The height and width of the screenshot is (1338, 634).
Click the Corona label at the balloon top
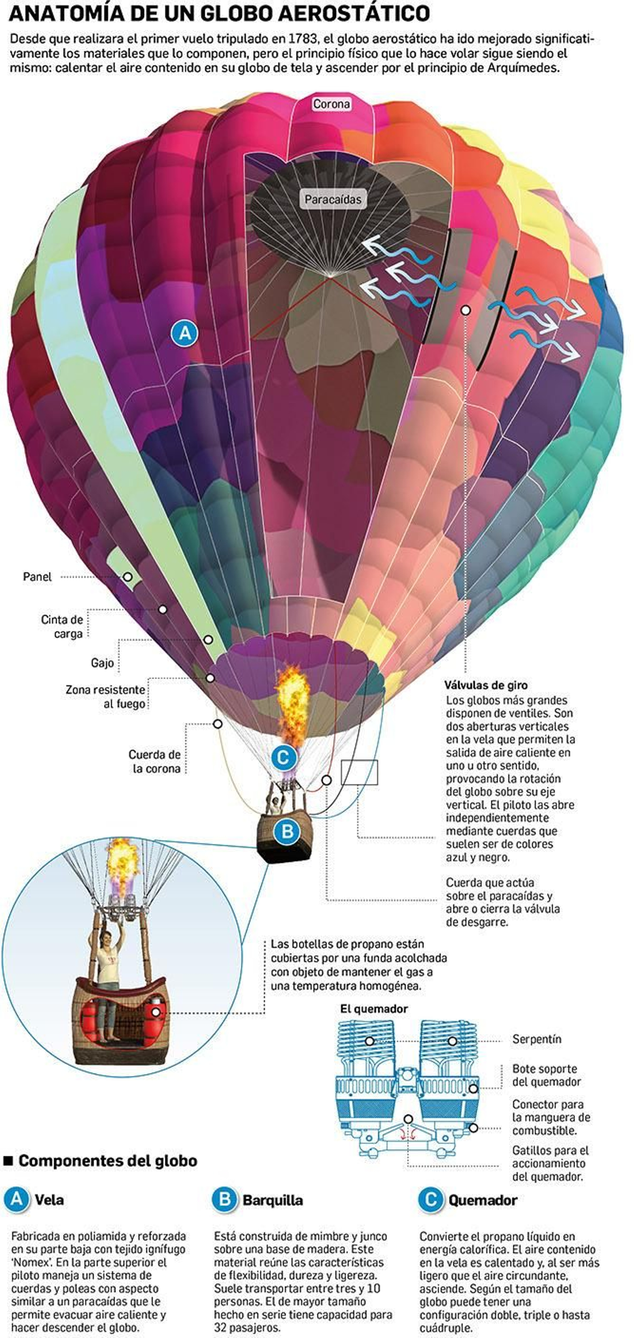[x=331, y=104]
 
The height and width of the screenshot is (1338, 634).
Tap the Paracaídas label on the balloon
[x=333, y=199]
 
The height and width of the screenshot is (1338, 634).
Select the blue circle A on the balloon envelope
[x=185, y=333]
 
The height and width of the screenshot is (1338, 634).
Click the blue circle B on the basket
[x=287, y=831]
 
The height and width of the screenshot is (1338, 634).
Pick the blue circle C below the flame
[x=283, y=757]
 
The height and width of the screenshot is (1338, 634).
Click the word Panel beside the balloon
[x=37, y=576]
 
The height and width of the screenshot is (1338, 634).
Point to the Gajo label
[x=102, y=663]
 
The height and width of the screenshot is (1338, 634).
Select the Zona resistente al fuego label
[x=105, y=697]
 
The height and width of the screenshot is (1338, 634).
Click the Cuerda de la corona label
[x=155, y=762]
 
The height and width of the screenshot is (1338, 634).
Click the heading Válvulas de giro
[x=485, y=685]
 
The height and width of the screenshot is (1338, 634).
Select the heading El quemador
[x=374, y=1009]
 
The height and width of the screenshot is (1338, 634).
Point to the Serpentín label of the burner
[x=537, y=1039]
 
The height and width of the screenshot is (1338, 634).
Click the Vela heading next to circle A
[x=49, y=1200]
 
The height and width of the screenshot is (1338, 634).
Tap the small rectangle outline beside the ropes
[x=359, y=772]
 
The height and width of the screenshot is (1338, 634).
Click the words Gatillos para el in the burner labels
[x=550, y=1150]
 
